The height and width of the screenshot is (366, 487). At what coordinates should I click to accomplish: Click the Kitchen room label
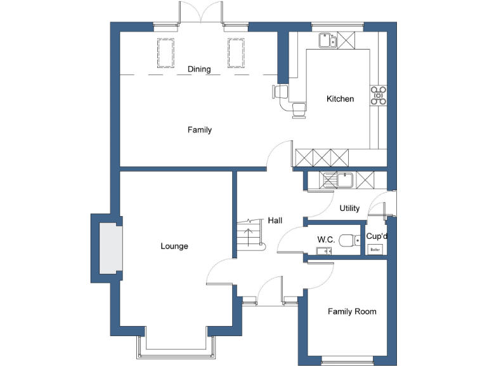coord(340,99)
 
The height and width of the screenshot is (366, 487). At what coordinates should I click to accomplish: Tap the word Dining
coord(199,69)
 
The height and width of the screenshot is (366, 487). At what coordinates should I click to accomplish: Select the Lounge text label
coord(174,246)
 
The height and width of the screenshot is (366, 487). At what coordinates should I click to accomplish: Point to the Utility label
coord(349,208)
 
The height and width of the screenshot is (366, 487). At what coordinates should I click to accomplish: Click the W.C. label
coord(326,240)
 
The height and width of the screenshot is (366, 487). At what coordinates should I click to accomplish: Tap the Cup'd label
coord(377,236)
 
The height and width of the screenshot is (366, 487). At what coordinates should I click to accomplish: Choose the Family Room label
coord(351,311)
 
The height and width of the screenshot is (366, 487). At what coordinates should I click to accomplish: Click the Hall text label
coord(275,220)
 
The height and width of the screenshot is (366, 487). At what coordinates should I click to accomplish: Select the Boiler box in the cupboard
coord(376,250)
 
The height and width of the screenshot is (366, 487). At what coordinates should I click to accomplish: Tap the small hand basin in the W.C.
coord(325,251)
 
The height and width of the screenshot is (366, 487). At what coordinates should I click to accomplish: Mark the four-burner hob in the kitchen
coord(379,95)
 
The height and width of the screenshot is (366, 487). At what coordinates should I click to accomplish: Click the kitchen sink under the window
coord(328,41)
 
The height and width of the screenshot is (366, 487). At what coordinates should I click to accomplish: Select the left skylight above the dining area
coord(166,52)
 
